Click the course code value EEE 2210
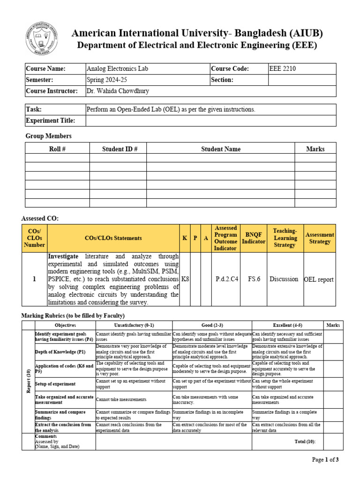283,69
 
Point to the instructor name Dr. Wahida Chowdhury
118,91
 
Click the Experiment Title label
50,120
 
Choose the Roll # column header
57,149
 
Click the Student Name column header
221,149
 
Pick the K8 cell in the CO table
185,279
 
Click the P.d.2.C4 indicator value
227,279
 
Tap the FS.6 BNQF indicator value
254,279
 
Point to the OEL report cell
319,279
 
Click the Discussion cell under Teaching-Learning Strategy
284,279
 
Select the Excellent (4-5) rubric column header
288,325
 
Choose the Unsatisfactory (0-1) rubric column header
134,325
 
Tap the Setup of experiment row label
55,384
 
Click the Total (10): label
305,442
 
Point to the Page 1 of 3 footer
325,460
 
